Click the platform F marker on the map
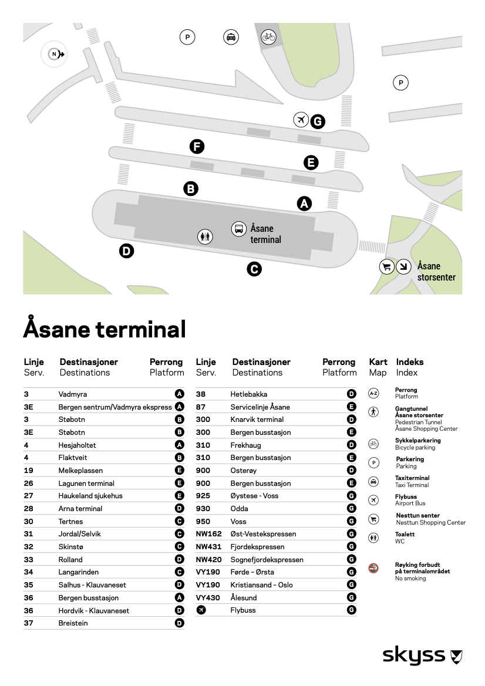[x=197, y=146]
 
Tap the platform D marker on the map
[x=126, y=251]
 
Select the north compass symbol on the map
[x=55, y=55]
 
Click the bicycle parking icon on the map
[x=268, y=37]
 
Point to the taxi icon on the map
[x=231, y=37]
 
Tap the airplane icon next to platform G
[x=301, y=120]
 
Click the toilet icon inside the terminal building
[x=205, y=236]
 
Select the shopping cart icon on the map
[x=386, y=266]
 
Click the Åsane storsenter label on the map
[x=436, y=272]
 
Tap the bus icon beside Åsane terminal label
[x=239, y=228]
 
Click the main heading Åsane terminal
[x=105, y=329]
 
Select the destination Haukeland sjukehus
[x=90, y=496]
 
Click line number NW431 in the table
[x=208, y=547]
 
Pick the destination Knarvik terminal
[x=257, y=420]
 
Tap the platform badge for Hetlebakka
[x=352, y=394]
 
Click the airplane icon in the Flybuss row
[x=201, y=610]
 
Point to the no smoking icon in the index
[x=373, y=568]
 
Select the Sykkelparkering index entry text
[x=417, y=441]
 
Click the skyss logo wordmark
[x=414, y=655]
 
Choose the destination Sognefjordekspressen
[x=267, y=560]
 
